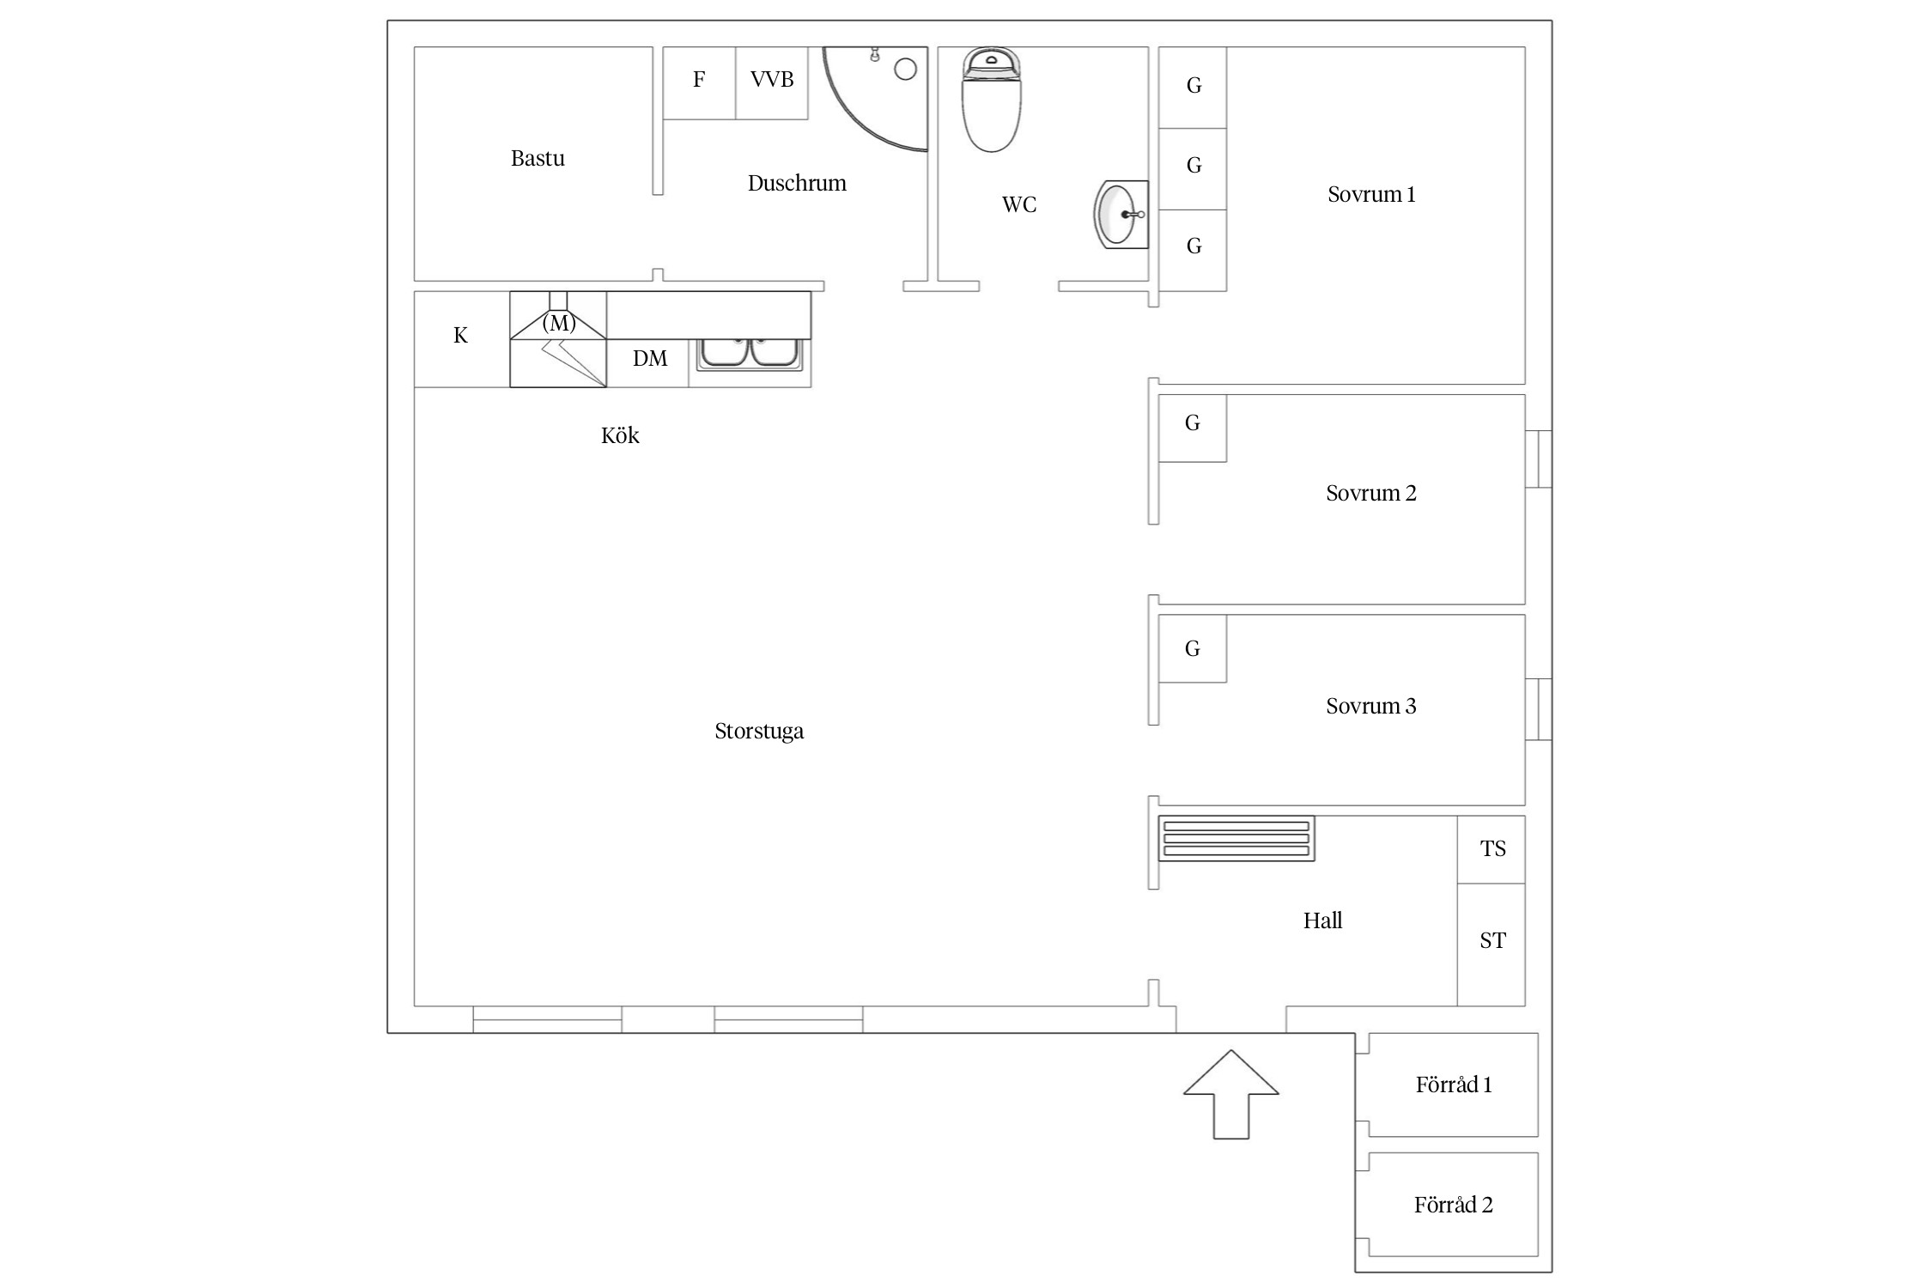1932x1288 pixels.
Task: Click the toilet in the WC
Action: pyautogui.click(x=992, y=100)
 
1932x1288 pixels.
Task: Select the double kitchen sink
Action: pyautogui.click(x=750, y=354)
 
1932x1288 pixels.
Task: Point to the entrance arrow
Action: pyautogui.click(x=1231, y=1094)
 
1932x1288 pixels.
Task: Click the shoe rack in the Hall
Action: pyautogui.click(x=1236, y=838)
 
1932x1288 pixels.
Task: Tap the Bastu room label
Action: pyautogui.click(x=538, y=159)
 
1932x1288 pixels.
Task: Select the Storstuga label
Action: pyautogui.click(x=759, y=732)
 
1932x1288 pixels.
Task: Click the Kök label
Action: pyautogui.click(x=620, y=435)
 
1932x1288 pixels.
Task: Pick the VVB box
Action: pyautogui.click(x=772, y=83)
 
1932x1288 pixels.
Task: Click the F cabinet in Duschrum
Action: pyautogui.click(x=699, y=83)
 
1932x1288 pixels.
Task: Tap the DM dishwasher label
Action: pyautogui.click(x=650, y=359)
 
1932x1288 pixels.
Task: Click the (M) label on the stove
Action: pyautogui.click(x=559, y=323)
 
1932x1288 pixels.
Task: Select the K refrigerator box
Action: pyautogui.click(x=462, y=339)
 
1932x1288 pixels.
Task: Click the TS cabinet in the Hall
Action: pyautogui.click(x=1492, y=849)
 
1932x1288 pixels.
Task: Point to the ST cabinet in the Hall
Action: pyautogui.click(x=1492, y=945)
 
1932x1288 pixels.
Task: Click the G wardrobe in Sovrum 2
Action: pyautogui.click(x=1193, y=428)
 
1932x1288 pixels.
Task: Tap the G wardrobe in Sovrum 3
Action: pyautogui.click(x=1193, y=648)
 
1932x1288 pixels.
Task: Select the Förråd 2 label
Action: pyautogui.click(x=1454, y=1206)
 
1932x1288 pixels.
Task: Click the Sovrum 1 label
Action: pyautogui.click(x=1371, y=195)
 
